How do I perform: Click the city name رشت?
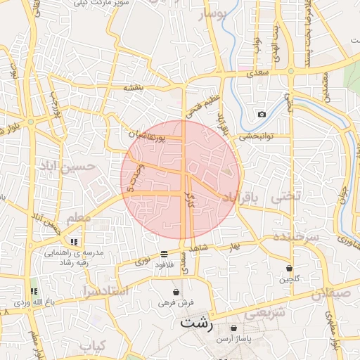point(196,323)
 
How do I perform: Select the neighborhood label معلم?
point(79,219)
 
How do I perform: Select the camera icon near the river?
point(262,114)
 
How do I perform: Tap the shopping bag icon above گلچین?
point(290,268)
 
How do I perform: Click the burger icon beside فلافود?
point(164,253)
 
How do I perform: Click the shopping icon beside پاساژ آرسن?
point(233,328)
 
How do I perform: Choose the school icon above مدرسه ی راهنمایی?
point(74,242)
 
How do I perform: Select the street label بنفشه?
point(134,87)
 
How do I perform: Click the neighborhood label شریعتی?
point(267,312)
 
